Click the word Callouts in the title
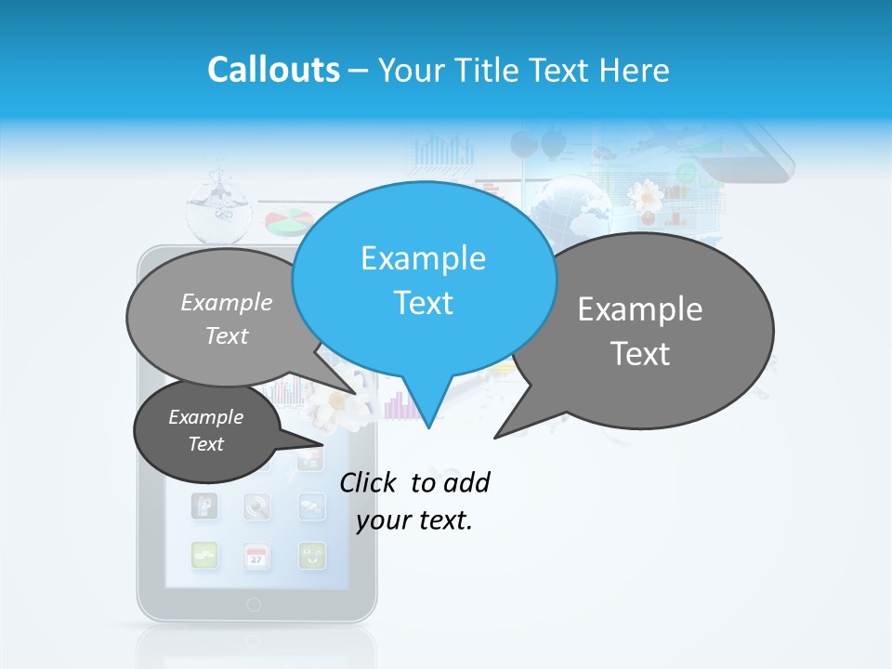click(x=273, y=70)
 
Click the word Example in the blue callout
click(x=423, y=258)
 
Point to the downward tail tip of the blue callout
click(x=428, y=427)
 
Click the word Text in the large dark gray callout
click(x=640, y=354)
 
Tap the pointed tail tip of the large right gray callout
click(x=495, y=437)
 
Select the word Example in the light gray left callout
click(x=227, y=303)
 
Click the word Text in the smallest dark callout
click(x=206, y=444)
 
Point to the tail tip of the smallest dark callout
click(x=324, y=444)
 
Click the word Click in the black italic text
click(x=369, y=483)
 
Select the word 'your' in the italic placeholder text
click(x=384, y=520)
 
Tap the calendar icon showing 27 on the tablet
click(x=256, y=556)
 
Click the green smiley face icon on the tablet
click(x=312, y=556)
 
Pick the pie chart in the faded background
click(x=288, y=222)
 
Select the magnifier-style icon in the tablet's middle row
click(x=256, y=506)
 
